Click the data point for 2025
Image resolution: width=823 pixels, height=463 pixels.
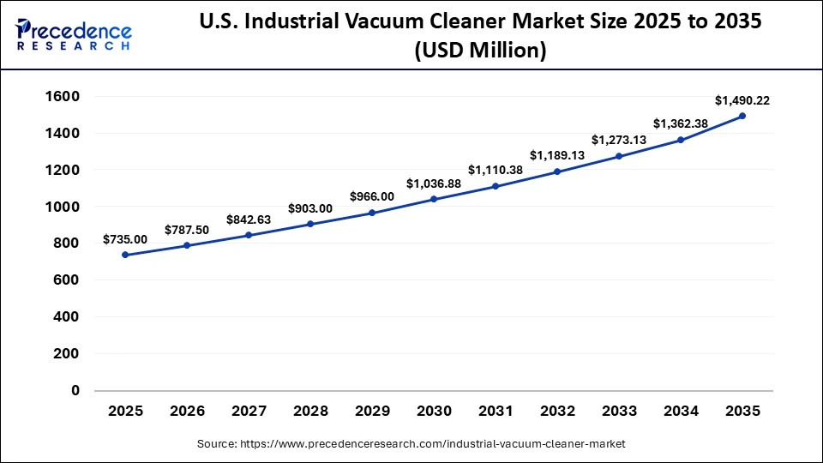[x=125, y=255]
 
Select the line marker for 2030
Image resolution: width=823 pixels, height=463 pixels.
[x=434, y=199]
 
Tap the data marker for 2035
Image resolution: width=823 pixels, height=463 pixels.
[x=742, y=116]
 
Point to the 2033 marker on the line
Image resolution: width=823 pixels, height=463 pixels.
[x=619, y=156]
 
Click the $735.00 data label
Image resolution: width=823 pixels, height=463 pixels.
[x=125, y=239]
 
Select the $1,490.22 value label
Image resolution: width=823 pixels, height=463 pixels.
[x=742, y=100]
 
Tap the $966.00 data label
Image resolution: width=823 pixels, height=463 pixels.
[x=372, y=196]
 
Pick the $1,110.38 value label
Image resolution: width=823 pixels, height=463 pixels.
[x=496, y=170]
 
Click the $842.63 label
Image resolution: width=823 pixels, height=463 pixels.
[x=249, y=219]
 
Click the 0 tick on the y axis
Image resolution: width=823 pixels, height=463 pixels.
[x=75, y=390]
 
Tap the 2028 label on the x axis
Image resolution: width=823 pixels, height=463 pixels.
[x=310, y=412]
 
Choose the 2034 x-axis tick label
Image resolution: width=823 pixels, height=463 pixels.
[x=681, y=412]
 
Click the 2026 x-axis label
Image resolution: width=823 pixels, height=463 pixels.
[x=187, y=412]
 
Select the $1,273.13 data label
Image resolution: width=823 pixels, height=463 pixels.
[x=619, y=140]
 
